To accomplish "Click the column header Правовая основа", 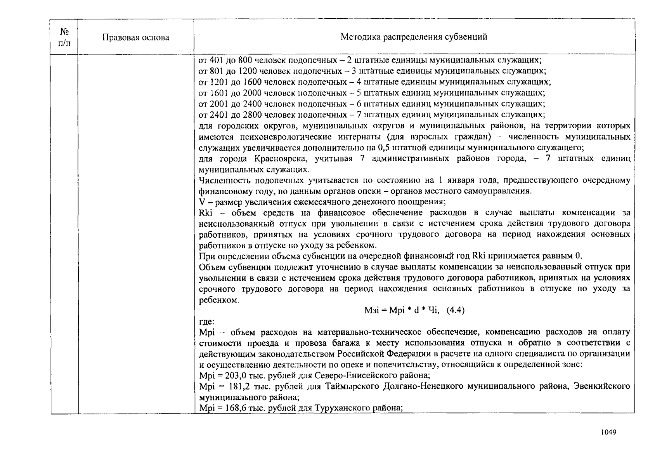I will coord(136,38).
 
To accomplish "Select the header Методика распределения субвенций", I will coord(414,37).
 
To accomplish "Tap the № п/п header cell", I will coord(64,37).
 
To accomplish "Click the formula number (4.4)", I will coord(456,310).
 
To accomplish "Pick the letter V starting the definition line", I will coord(201,202).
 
